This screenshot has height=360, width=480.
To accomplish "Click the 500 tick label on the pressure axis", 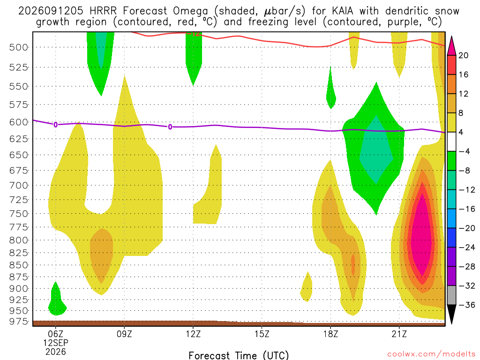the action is [x=18, y=47].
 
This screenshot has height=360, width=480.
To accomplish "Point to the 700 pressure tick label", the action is [x=18, y=186].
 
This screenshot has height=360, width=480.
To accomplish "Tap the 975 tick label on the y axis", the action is [x=18, y=322].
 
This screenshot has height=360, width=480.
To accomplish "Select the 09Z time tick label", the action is [x=124, y=334].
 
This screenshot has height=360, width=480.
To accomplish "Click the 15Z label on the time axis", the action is [x=262, y=334].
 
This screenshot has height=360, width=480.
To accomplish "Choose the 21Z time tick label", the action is [x=399, y=334].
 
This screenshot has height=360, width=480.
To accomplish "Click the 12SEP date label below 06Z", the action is [x=55, y=343].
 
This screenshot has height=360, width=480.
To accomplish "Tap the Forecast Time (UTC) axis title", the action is [x=239, y=355].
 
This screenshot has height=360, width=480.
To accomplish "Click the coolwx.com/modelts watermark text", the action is [x=431, y=354].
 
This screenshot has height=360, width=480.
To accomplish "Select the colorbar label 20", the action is [x=464, y=55].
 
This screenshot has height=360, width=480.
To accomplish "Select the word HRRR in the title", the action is [x=103, y=11].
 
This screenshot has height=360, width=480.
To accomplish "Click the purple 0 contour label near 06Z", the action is [x=55, y=125].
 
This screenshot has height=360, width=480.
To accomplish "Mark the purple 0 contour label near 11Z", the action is [x=170, y=127].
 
